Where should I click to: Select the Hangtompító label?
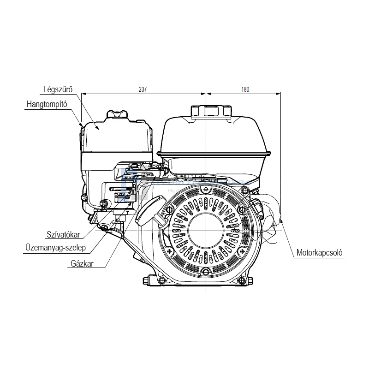(47, 104)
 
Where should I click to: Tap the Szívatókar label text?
(64, 235)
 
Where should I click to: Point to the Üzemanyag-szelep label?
(56, 248)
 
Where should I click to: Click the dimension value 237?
(143, 90)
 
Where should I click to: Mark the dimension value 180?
(245, 90)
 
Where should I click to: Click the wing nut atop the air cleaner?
(117, 113)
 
